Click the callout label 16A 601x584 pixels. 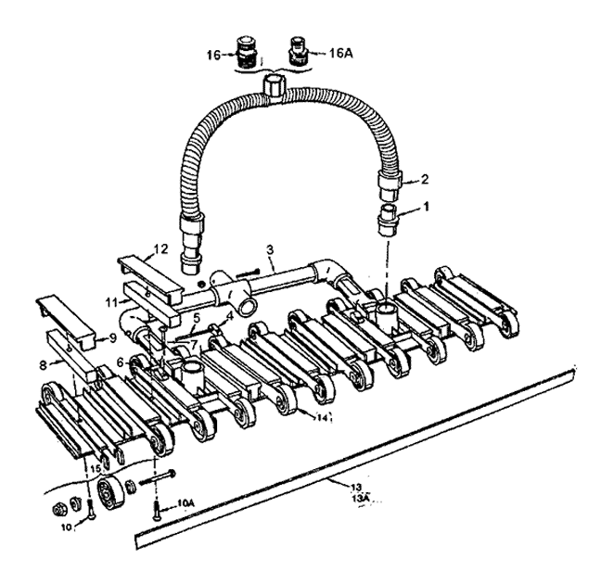[x=340, y=53]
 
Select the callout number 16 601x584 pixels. [x=214, y=56]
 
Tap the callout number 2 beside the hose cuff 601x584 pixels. [x=424, y=179]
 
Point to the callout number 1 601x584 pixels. [x=426, y=207]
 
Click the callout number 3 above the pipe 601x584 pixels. [x=270, y=250]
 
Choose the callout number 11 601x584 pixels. [x=111, y=303]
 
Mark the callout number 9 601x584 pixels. [x=112, y=338]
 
